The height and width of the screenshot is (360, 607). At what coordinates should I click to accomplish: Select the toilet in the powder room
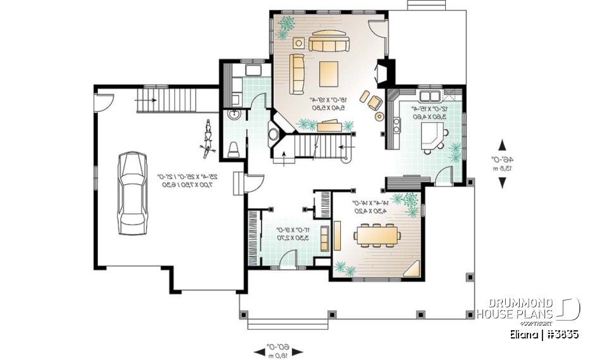(233, 147)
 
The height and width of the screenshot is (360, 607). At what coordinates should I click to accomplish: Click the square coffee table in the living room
(329, 73)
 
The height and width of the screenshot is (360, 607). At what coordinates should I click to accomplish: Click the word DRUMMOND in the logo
(515, 303)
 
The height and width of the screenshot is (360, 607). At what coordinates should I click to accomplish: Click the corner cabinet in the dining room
(414, 269)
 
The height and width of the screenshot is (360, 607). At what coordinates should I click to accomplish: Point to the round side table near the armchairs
(379, 116)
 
